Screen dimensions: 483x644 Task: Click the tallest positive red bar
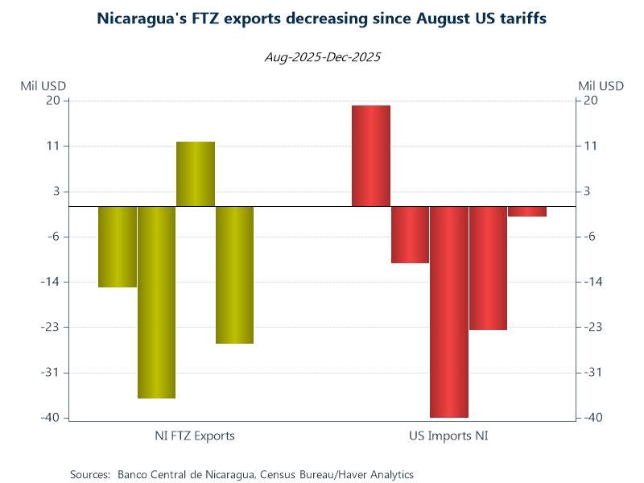pyautogui.click(x=371, y=156)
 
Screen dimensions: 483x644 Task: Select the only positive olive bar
pyautogui.click(x=196, y=174)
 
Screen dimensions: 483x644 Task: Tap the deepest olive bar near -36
pyautogui.click(x=156, y=302)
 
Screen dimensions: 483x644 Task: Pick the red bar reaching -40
pyautogui.click(x=449, y=312)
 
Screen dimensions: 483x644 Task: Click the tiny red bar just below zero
pyautogui.click(x=527, y=211)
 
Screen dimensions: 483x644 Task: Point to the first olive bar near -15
pyautogui.click(x=118, y=246)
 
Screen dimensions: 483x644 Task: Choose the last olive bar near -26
pyautogui.click(x=234, y=275)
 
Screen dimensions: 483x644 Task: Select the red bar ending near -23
pyautogui.click(x=488, y=268)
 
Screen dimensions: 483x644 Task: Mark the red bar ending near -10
pyautogui.click(x=410, y=234)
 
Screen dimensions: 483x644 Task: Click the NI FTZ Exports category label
pyautogui.click(x=195, y=436)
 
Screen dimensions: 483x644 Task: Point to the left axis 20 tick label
pyautogui.click(x=53, y=101)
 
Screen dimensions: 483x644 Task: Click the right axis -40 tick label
pyautogui.click(x=592, y=418)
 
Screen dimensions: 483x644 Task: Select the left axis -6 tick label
pyautogui.click(x=53, y=237)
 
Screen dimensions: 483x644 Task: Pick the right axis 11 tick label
pyautogui.click(x=590, y=146)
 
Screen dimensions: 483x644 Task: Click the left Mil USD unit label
pyautogui.click(x=43, y=85)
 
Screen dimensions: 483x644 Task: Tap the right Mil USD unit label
pyautogui.click(x=601, y=85)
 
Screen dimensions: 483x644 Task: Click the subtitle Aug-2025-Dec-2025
pyautogui.click(x=322, y=57)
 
